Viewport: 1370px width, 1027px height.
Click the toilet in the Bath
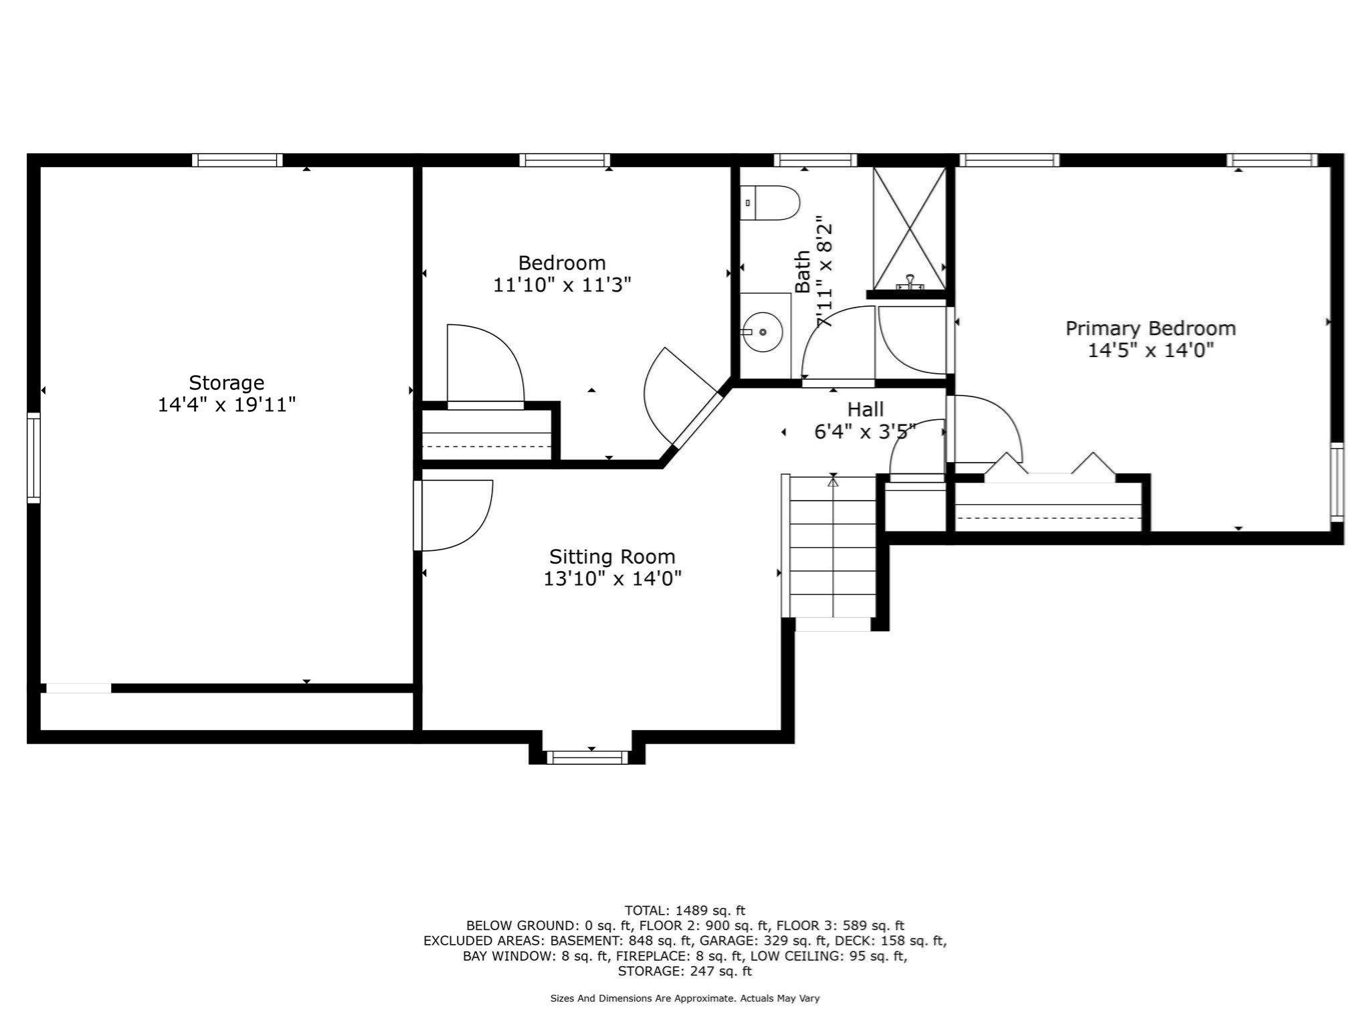coord(771,203)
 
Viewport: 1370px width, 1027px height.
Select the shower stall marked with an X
coord(910,227)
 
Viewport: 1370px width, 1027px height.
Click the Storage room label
coord(226,383)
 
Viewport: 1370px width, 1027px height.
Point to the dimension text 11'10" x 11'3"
coord(562,286)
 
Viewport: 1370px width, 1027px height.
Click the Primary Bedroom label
coord(1150,328)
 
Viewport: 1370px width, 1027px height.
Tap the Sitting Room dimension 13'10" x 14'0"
coord(612,578)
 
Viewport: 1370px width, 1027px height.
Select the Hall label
coord(866,409)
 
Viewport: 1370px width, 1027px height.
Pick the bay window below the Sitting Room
coord(587,757)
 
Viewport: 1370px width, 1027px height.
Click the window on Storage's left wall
coord(33,457)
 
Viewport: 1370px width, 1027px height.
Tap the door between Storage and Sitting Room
coord(455,515)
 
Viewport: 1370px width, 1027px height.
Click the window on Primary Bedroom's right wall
coord(1336,481)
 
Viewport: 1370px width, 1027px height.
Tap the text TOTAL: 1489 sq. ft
coord(684,910)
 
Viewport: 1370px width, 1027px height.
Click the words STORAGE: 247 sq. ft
coord(684,971)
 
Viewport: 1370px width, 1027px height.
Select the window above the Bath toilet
coord(815,160)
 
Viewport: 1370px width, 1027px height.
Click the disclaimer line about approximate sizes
coord(684,998)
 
